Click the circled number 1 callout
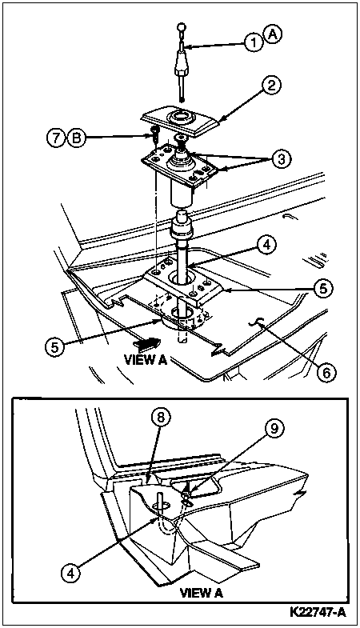(x=254, y=42)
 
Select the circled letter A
(x=273, y=35)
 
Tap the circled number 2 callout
(x=272, y=86)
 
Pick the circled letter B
(x=75, y=138)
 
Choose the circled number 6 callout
(x=326, y=372)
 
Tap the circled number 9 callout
(x=274, y=429)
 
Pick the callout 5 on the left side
(x=54, y=346)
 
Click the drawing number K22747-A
(x=318, y=613)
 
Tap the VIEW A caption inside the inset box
(x=202, y=592)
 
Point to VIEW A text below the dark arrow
(x=146, y=360)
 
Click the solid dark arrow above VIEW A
(x=147, y=343)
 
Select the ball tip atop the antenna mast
(x=182, y=28)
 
